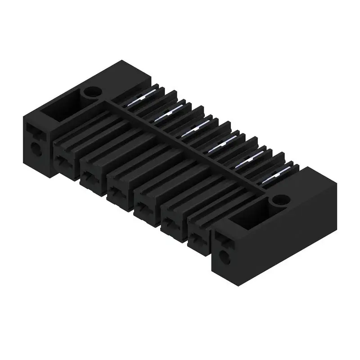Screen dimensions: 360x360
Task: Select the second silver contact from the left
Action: (165, 114)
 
